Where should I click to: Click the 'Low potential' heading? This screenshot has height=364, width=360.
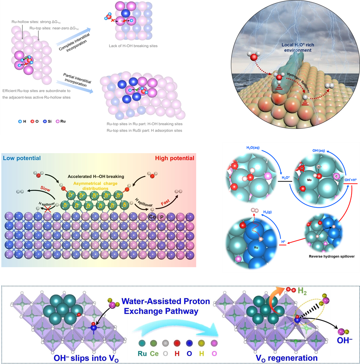[x=22, y=158]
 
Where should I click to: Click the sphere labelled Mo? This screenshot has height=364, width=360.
[x=309, y=180]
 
